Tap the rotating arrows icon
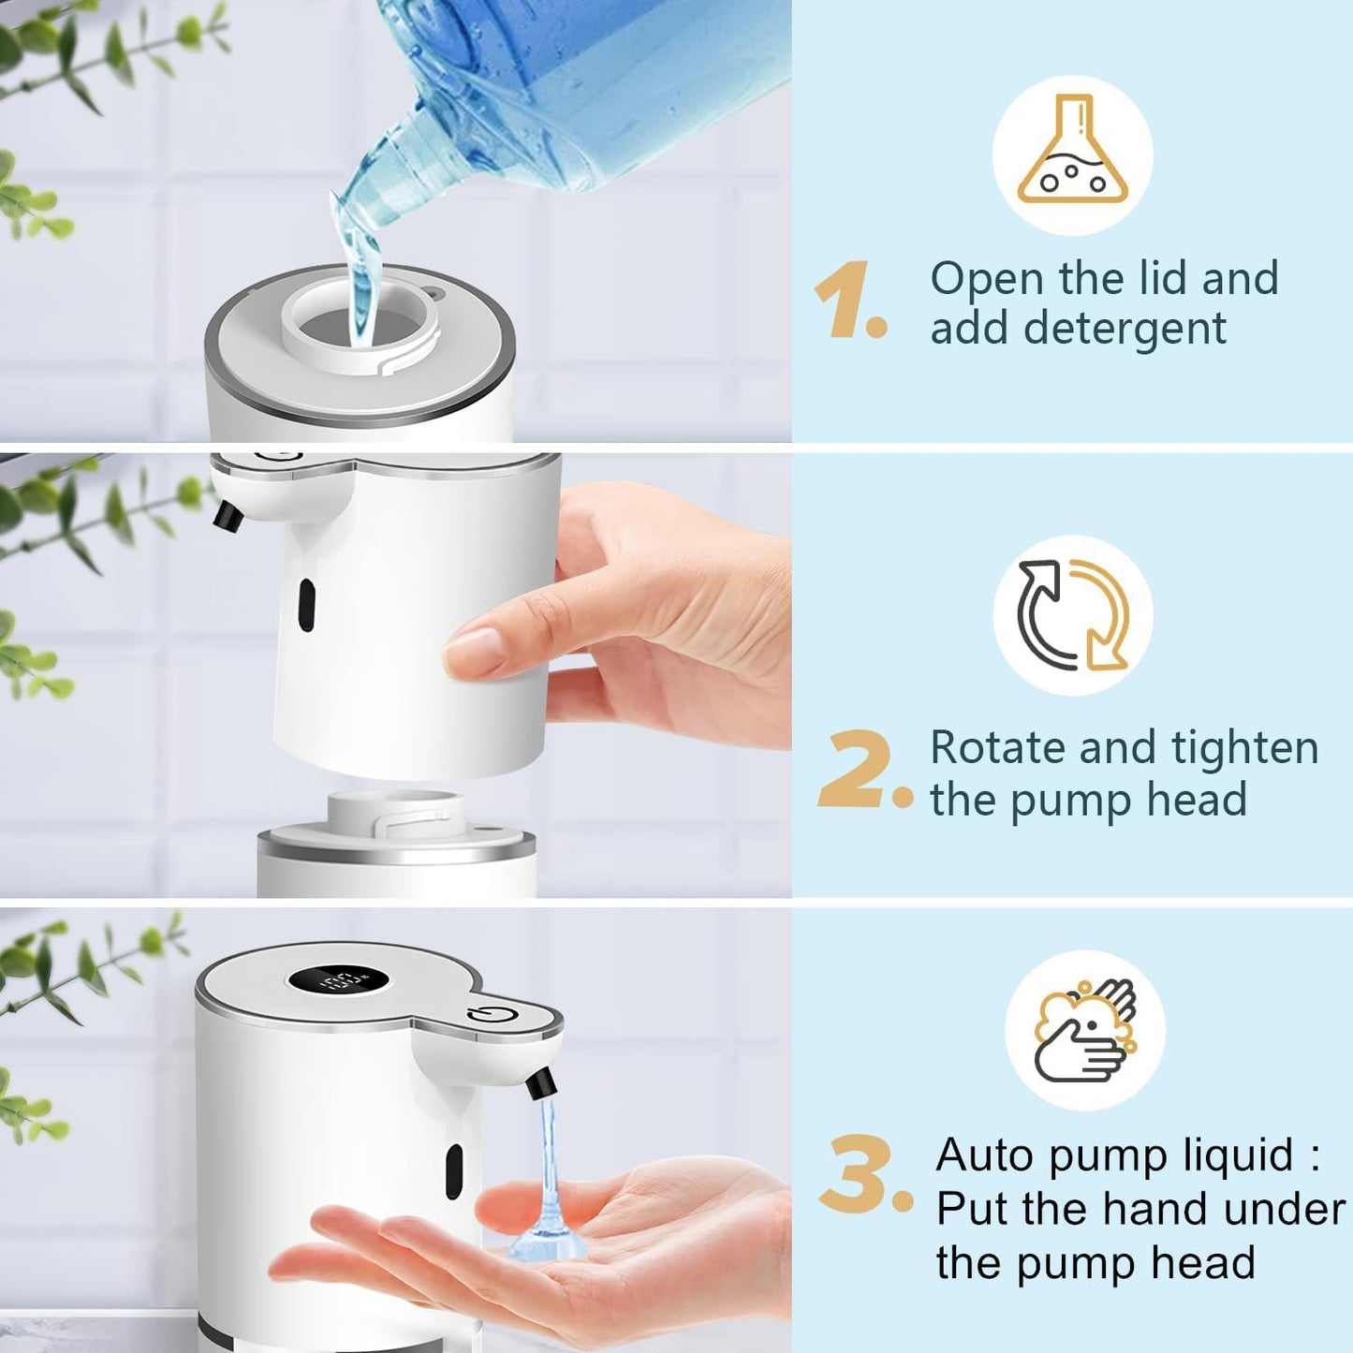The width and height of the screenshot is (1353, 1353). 1073,615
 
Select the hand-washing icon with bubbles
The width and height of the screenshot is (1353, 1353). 1085,1030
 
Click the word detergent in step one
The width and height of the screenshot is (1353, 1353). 1125,330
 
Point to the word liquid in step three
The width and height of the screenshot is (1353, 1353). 1238,1155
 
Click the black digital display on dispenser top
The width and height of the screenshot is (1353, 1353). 338,981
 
